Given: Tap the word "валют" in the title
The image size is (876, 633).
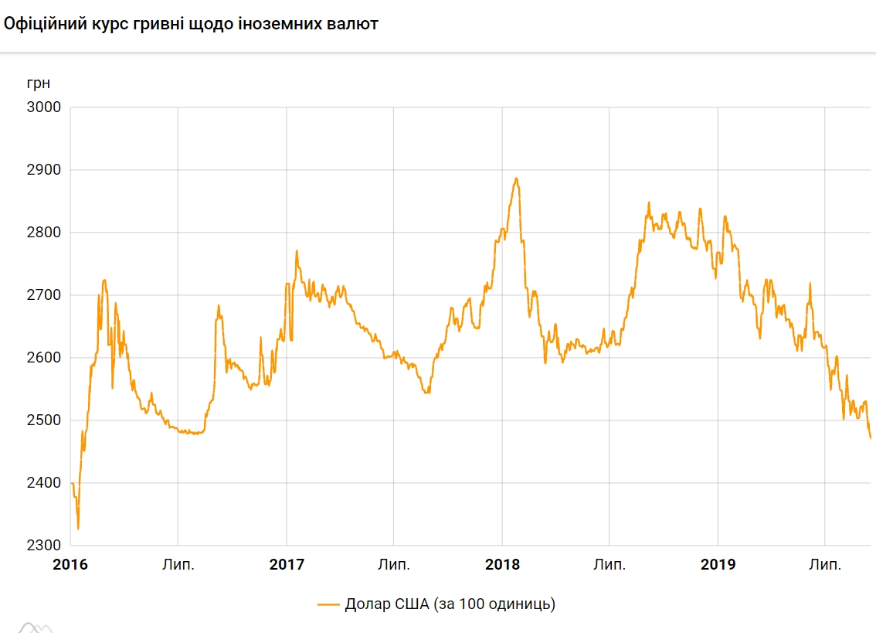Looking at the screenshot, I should pos(355,24).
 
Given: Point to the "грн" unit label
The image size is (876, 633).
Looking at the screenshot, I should pos(38,83).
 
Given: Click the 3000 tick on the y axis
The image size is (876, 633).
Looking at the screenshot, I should pos(43,107).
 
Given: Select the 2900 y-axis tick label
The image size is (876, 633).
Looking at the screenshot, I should pos(43,170).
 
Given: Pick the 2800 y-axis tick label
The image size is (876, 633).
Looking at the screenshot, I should pos(43,233).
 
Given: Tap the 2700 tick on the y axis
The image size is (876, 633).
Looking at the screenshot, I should pos(43,295).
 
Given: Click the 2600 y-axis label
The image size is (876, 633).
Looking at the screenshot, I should pos(43,358).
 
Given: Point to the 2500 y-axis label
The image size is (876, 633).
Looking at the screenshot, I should pos(43,420).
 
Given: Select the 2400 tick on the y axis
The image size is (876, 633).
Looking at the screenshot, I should pos(43,483).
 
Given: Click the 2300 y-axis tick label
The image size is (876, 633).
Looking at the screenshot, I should pos(43,546).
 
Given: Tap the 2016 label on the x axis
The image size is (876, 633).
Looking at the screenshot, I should pos(70,565).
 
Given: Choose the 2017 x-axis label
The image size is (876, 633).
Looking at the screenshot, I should pos(287,565).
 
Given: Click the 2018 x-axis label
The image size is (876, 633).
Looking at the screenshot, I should pos(502,565).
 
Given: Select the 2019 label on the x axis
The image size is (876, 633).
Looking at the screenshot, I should pos(718,565).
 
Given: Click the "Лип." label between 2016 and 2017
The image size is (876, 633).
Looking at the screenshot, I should pos(178,565).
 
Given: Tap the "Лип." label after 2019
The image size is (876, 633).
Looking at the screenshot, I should pos(825,565).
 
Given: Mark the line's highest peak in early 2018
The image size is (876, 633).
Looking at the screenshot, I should pos(516,179).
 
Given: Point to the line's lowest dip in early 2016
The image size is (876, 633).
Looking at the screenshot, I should pos(78,529).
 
